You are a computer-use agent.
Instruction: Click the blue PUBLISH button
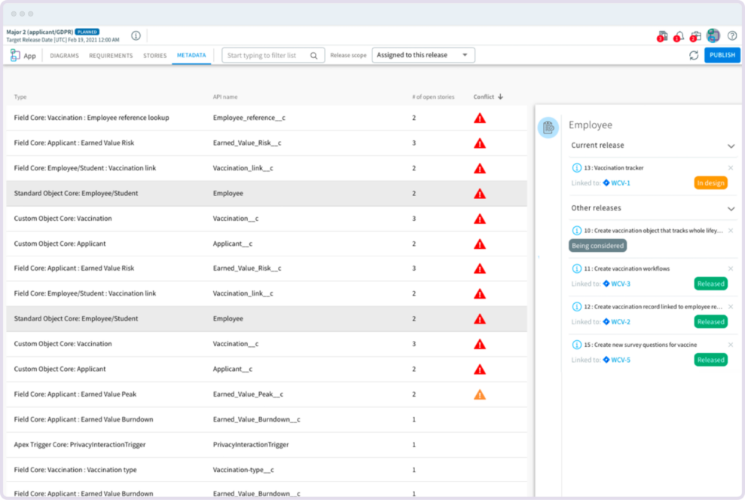[x=722, y=55]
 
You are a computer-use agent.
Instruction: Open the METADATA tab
[x=191, y=55]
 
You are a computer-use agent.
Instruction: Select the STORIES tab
[x=155, y=56]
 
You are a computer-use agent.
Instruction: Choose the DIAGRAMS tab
[x=65, y=56]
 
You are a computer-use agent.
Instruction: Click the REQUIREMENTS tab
[x=111, y=56]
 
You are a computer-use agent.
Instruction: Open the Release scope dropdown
[x=423, y=55]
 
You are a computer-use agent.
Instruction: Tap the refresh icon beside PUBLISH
[x=694, y=56]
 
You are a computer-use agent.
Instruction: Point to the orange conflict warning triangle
[x=480, y=394]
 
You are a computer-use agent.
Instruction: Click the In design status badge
[x=710, y=183]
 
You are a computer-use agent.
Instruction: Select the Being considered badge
[x=598, y=245]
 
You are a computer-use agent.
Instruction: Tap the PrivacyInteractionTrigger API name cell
[x=251, y=445]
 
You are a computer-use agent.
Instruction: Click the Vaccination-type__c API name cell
[x=243, y=470]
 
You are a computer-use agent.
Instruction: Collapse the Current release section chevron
[x=730, y=146]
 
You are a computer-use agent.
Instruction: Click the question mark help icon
[x=731, y=35]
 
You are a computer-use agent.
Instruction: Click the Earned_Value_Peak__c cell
[x=248, y=394]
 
